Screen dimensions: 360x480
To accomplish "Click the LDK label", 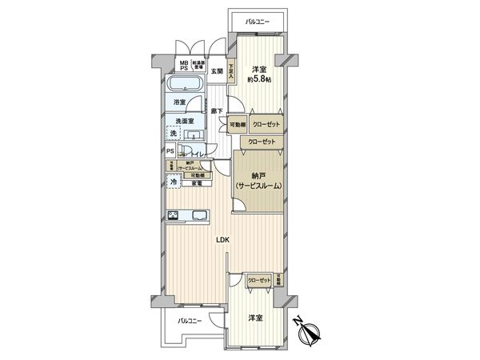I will pyautogui.click(x=223, y=239).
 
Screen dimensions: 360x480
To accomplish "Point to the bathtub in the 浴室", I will pyautogui.click(x=187, y=86).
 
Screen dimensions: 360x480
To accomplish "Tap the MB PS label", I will pyautogui.click(x=183, y=66).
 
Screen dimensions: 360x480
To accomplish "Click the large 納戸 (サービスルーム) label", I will pyautogui.click(x=258, y=181).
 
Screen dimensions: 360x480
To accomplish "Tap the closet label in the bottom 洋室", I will pyautogui.click(x=258, y=280).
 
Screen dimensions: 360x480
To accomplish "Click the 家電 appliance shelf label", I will pyautogui.click(x=197, y=183).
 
